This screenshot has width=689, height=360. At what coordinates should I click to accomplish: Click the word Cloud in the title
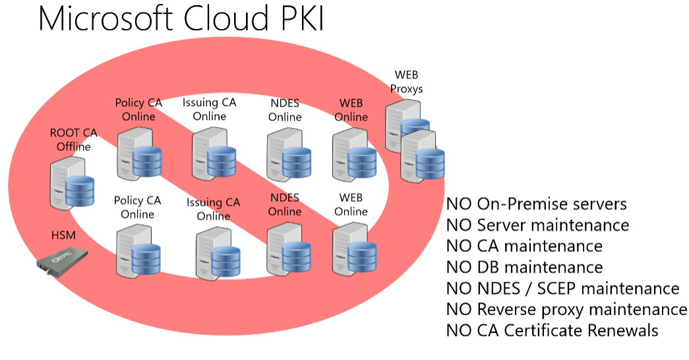[226, 18]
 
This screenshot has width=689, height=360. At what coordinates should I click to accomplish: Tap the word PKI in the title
[301, 18]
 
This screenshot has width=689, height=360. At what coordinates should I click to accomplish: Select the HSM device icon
[62, 262]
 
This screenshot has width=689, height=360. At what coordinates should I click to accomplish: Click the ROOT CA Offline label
[73, 139]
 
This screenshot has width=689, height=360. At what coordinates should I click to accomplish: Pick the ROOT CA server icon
[72, 183]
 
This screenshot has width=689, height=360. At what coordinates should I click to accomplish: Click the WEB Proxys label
[406, 82]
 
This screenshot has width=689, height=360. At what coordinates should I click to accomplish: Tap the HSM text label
[63, 235]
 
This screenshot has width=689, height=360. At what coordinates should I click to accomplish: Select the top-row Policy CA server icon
[139, 154]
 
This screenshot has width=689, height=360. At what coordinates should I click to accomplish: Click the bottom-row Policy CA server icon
[138, 251]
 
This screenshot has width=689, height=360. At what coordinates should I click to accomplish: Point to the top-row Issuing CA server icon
[214, 154]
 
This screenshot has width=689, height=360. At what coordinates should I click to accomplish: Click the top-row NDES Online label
[285, 110]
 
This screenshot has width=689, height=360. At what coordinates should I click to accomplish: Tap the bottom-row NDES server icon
[289, 249]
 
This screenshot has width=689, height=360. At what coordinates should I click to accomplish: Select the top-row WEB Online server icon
[355, 154]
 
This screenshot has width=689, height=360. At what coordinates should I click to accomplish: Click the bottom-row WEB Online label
[351, 204]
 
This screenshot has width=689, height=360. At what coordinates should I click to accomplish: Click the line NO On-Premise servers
[537, 204]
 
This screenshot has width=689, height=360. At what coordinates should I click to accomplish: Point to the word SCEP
[555, 288]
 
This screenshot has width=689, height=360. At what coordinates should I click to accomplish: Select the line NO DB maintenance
[525, 267]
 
